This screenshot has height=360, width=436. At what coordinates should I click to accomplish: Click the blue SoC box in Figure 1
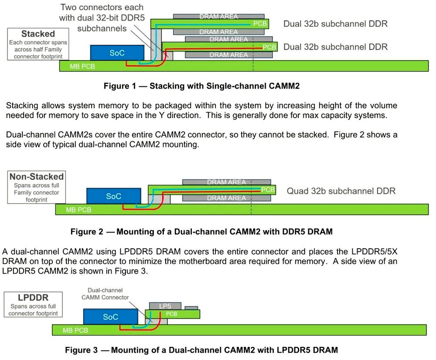tap(117, 53)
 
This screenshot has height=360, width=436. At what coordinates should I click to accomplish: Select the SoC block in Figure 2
tap(113, 196)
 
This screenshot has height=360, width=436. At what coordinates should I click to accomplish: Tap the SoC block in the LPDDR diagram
tap(110, 317)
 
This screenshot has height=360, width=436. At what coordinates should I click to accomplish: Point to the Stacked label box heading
tap(38, 34)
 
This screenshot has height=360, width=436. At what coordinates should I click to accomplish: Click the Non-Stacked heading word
tap(37, 177)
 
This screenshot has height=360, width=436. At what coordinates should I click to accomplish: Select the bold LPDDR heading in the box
tap(33, 298)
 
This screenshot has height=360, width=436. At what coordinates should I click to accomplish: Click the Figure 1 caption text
tap(201, 86)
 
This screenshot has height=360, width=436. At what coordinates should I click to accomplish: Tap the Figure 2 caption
tap(201, 232)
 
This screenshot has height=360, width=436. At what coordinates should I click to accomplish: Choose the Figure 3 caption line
tap(201, 350)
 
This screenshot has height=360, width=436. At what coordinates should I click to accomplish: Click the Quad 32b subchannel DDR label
tap(341, 191)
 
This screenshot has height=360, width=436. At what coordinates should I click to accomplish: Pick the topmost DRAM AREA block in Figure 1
tap(219, 17)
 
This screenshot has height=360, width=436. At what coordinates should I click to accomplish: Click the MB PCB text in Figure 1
tap(82, 67)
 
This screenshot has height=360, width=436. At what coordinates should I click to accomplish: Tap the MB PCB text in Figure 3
tap(75, 330)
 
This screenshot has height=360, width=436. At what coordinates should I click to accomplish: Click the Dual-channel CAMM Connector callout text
tap(105, 294)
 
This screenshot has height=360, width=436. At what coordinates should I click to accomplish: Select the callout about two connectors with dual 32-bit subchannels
tap(102, 18)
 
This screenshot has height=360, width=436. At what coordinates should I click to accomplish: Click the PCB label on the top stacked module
tap(259, 24)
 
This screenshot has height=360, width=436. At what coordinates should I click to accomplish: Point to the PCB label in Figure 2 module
tap(268, 190)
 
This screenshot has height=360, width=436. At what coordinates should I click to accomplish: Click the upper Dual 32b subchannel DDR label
tap(335, 24)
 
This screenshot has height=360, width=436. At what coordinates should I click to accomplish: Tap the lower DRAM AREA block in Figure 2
tap(226, 198)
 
